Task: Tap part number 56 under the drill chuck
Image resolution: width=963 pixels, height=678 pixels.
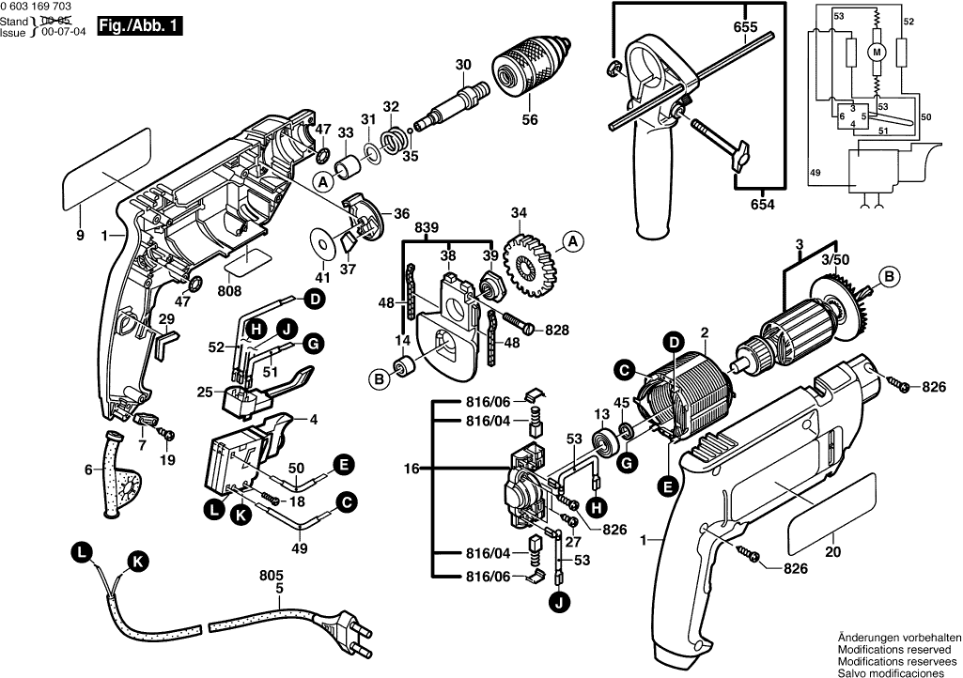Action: click(x=530, y=120)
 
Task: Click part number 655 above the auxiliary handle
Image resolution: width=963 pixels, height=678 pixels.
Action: click(x=745, y=28)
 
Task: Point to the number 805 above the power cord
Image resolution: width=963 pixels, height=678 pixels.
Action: click(x=271, y=575)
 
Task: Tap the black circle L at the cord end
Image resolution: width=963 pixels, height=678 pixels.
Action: click(x=83, y=553)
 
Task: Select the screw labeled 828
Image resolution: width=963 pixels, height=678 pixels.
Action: click(x=513, y=325)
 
